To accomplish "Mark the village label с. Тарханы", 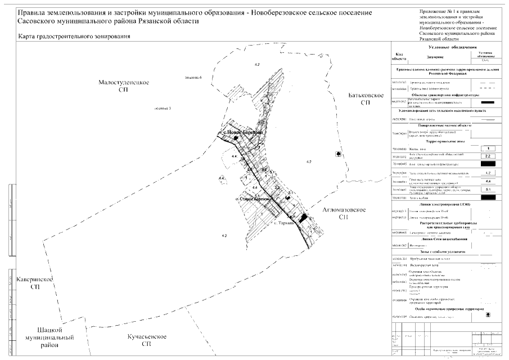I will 286,223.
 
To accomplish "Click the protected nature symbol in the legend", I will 488,314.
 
